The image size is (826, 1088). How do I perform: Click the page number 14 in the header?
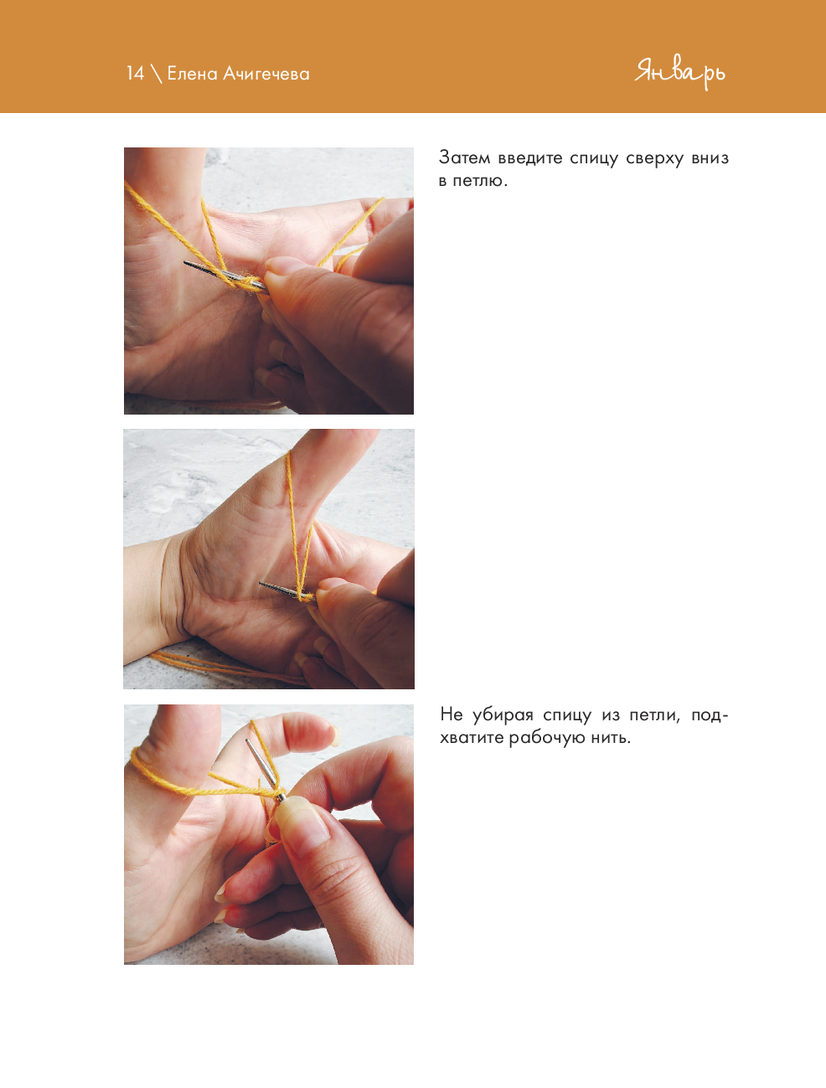tap(135, 74)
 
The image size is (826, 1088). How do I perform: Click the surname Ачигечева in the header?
tap(266, 74)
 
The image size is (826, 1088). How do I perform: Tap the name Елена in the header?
tap(193, 74)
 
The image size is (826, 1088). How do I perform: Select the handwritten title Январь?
tap(679, 74)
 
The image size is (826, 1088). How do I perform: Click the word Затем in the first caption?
tap(464, 158)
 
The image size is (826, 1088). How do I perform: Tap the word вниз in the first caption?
tap(710, 158)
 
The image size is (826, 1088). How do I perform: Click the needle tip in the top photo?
tap(185, 263)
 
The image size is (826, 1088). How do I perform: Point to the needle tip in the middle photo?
tap(261, 584)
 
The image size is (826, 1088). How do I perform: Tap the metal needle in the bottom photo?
tap(264, 769)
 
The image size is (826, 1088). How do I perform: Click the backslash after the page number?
tap(156, 74)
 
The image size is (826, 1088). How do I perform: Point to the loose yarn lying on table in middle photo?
tap(223, 667)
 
